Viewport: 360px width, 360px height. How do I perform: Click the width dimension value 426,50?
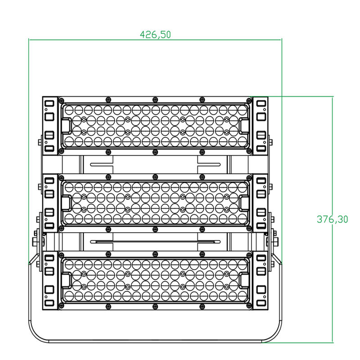(155, 35)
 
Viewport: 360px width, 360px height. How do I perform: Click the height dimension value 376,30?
(332, 219)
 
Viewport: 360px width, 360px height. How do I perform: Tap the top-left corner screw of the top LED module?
(61, 100)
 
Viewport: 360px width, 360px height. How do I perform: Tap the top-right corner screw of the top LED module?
(249, 100)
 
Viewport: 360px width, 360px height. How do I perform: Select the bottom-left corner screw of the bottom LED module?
(61, 306)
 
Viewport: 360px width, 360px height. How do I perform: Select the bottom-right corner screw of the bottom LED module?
(249, 306)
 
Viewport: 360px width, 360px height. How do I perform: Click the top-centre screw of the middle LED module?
(155, 177)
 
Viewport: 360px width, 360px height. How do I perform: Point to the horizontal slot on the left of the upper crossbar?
(101, 164)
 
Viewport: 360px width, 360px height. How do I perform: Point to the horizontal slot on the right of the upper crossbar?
(209, 164)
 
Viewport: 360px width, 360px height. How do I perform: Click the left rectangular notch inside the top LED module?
(67, 126)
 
